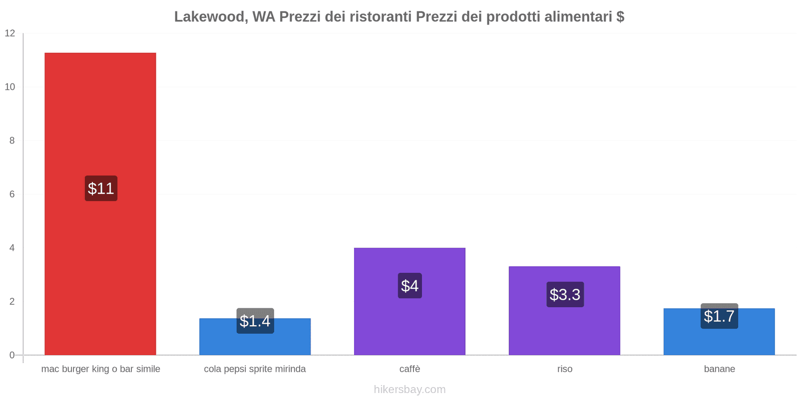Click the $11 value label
[101, 189]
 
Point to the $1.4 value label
[255, 321]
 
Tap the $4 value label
[409, 286]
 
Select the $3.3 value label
[565, 294]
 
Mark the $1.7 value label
[719, 316]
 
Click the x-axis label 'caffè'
[409, 369]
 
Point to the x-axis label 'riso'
[565, 369]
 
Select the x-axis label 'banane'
[719, 369]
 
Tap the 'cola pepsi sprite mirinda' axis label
[255, 369]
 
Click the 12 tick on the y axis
[10, 33]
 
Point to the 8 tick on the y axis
[12, 141]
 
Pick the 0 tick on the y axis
[12, 355]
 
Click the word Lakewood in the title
[209, 17]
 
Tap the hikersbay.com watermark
[409, 390]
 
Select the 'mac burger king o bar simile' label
[100, 369]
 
